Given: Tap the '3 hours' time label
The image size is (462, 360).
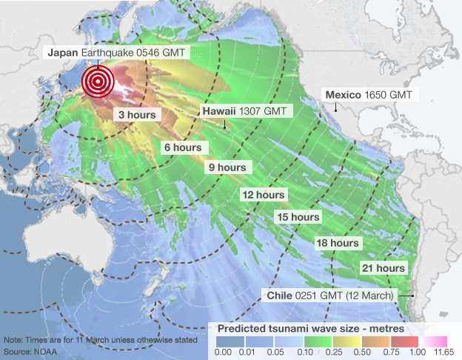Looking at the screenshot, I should [x=135, y=116].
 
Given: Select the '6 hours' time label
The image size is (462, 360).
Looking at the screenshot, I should [x=182, y=147].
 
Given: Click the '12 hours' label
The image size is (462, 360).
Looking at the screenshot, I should [x=264, y=195].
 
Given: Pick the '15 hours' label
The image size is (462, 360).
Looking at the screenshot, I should [x=298, y=217].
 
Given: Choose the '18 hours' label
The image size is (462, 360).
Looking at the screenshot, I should [x=338, y=243].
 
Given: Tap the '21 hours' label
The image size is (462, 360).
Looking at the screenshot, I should [x=383, y=267].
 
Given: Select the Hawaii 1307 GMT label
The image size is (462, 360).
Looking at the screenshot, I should [x=247, y=110].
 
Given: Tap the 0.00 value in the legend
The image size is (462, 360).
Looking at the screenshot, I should [x=223, y=353].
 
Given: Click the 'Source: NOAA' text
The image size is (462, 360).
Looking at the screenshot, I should [x=27, y=350].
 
